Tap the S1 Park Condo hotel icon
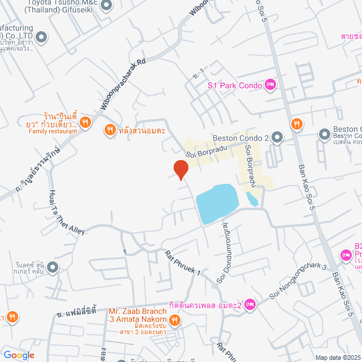(270, 85)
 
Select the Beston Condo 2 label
(240, 137)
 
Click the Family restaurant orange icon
(85, 122)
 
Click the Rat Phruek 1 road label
(183, 264)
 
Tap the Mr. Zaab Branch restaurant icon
(175, 320)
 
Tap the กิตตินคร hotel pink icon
(251, 305)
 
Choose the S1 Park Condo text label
(234, 86)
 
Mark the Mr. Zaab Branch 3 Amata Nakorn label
(137, 316)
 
